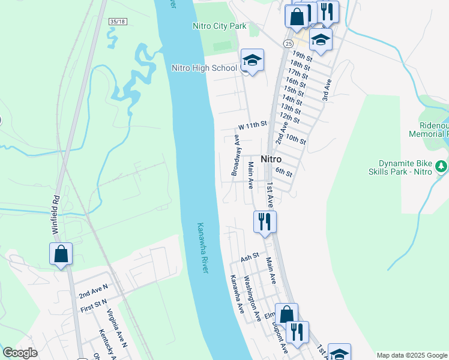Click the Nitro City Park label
click(219, 26)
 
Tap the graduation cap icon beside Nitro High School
click(253, 60)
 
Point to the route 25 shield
click(289, 44)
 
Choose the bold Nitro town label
click(271, 160)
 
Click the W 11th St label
click(252, 125)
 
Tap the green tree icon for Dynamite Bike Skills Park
click(441, 165)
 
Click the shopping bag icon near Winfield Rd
click(61, 253)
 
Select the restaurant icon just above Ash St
click(265, 221)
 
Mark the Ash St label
click(249, 257)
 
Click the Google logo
click(20, 353)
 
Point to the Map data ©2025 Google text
click(412, 355)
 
